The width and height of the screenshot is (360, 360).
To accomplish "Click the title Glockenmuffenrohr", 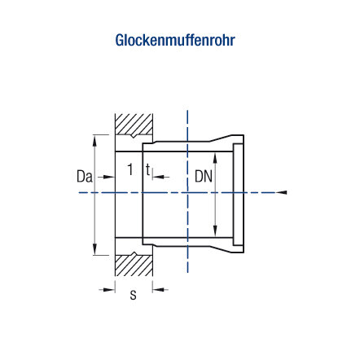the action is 175,40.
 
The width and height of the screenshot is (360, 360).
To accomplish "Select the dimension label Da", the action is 85,177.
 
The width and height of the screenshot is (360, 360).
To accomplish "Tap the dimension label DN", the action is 204,177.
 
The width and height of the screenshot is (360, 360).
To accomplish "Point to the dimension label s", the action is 133,295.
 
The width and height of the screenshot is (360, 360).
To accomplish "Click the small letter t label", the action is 147,170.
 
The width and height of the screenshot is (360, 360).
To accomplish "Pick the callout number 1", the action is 130,169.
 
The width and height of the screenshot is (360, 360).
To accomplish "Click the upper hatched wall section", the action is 134,125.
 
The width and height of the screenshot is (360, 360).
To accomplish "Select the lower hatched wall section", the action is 134,266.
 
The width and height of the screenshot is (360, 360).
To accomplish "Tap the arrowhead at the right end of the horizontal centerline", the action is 282,192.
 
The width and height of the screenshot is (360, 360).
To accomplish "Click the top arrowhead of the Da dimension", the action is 94,141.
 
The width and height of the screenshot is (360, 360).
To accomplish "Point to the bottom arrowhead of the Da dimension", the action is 94,249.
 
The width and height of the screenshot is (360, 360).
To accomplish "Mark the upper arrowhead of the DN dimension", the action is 215,158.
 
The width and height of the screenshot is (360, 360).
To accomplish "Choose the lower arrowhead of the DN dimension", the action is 215,231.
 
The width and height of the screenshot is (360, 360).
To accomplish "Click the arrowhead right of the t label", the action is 158,177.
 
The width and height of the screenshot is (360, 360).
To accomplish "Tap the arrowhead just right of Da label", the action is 110,177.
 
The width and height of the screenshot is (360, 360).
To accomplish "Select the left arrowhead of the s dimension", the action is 110,290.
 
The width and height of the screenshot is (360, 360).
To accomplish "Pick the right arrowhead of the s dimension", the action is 158,290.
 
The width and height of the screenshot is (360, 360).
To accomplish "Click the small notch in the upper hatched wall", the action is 134,136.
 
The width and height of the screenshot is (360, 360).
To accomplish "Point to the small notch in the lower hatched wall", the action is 134,254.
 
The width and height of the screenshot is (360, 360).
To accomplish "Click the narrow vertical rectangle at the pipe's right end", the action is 238,195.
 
